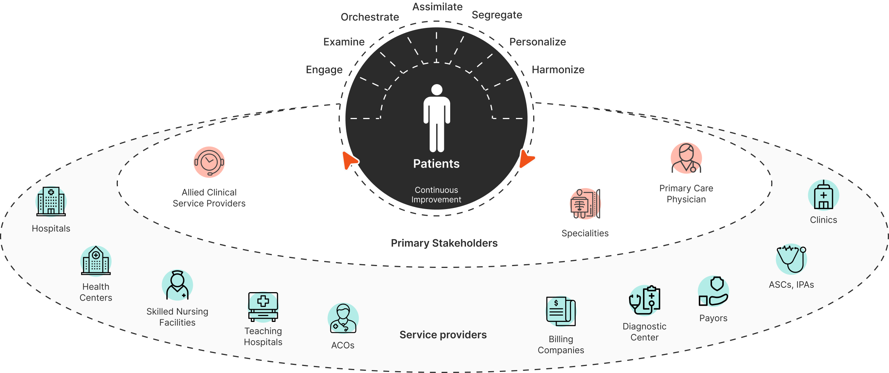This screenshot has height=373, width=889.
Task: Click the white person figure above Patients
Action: click(x=437, y=118)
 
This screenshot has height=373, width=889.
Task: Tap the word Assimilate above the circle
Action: click(x=437, y=7)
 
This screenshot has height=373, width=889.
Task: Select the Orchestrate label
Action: click(x=369, y=17)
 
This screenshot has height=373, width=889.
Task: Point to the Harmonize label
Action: click(x=558, y=70)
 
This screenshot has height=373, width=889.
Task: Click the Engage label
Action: click(x=324, y=70)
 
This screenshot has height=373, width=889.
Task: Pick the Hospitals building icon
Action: click(x=51, y=201)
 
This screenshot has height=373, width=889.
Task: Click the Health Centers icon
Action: click(x=96, y=261)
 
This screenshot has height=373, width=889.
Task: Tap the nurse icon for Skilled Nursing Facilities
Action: click(x=177, y=286)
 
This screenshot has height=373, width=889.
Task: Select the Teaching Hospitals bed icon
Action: click(x=263, y=307)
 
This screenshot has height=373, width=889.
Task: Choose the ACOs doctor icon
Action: click(x=343, y=318)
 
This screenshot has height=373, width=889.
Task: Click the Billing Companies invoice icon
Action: click(x=561, y=311)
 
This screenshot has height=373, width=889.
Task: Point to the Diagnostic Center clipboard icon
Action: click(x=644, y=300)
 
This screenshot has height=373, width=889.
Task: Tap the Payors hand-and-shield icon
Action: click(x=713, y=291)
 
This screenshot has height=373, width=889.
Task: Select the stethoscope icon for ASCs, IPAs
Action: click(x=791, y=259)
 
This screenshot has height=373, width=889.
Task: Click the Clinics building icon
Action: click(x=823, y=195)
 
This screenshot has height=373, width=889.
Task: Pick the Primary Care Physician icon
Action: click(x=686, y=158)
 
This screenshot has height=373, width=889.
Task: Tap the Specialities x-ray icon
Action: click(x=585, y=204)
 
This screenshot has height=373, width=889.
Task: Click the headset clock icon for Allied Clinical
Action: click(x=209, y=162)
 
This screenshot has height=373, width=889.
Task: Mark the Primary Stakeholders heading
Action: click(x=444, y=243)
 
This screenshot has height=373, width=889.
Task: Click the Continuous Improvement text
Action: click(x=436, y=195)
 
